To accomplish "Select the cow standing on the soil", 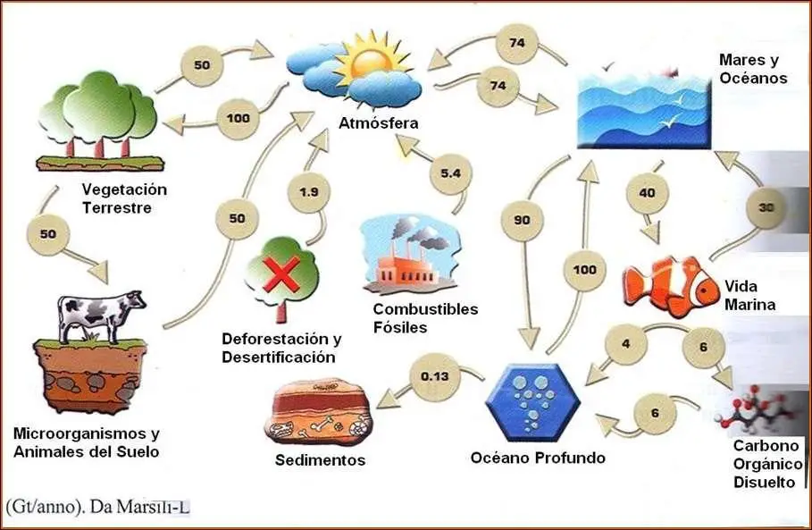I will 100,315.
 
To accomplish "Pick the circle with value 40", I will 649,191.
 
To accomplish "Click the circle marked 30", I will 766,206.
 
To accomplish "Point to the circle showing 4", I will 626,344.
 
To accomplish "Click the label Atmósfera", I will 378,123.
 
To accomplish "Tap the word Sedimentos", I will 321,461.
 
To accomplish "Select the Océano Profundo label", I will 538,458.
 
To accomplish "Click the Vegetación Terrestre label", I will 124,198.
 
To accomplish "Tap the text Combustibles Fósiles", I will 425,318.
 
